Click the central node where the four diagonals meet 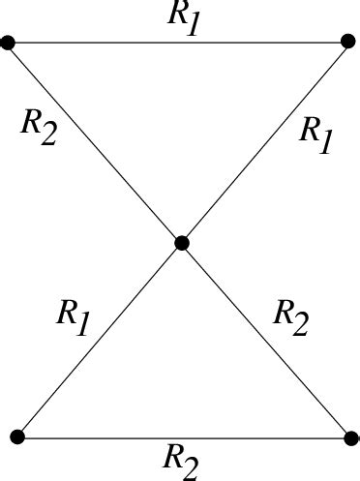coord(181,244)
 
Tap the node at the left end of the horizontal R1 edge coord(9,43)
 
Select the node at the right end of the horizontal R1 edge coord(348,43)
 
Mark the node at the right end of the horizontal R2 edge coord(349,438)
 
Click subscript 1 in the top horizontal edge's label coord(193,24)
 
